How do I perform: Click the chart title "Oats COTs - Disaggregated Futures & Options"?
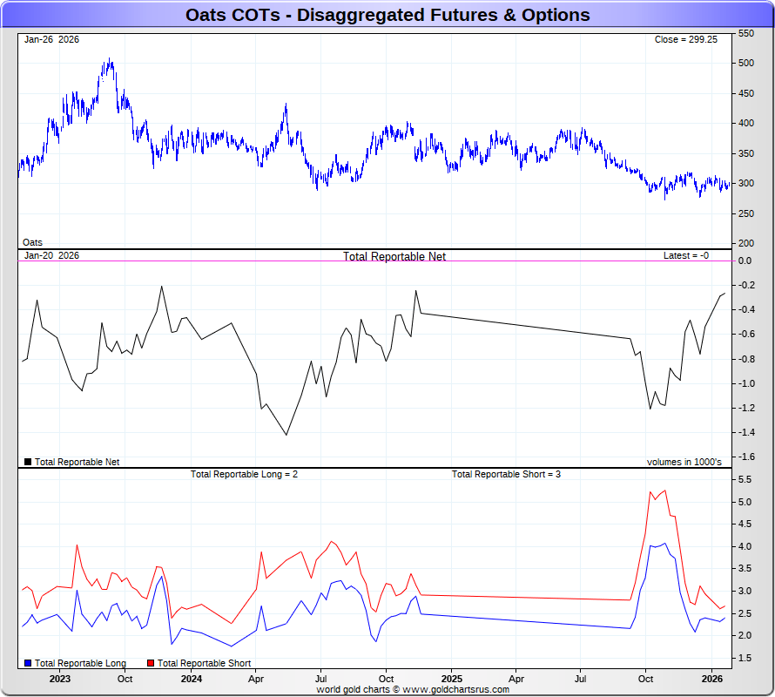(x=387, y=15)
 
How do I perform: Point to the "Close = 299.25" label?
(x=685, y=40)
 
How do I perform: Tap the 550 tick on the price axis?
(x=746, y=33)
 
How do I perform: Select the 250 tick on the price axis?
(x=746, y=213)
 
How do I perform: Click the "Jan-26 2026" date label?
(x=51, y=40)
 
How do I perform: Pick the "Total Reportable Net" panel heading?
(x=394, y=256)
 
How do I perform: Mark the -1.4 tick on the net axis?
(x=745, y=433)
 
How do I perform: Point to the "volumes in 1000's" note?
(x=684, y=462)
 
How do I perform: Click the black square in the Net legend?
(x=28, y=462)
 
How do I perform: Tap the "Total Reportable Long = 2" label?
(x=245, y=474)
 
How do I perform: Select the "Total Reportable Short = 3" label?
(x=506, y=474)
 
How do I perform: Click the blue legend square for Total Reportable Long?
(x=28, y=664)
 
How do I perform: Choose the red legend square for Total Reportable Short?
(x=151, y=664)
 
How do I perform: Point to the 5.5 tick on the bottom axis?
(x=745, y=480)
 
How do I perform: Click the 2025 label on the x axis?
(x=451, y=678)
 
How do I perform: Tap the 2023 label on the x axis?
(x=60, y=678)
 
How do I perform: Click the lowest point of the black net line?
(x=286, y=435)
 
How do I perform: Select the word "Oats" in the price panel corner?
(x=32, y=242)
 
